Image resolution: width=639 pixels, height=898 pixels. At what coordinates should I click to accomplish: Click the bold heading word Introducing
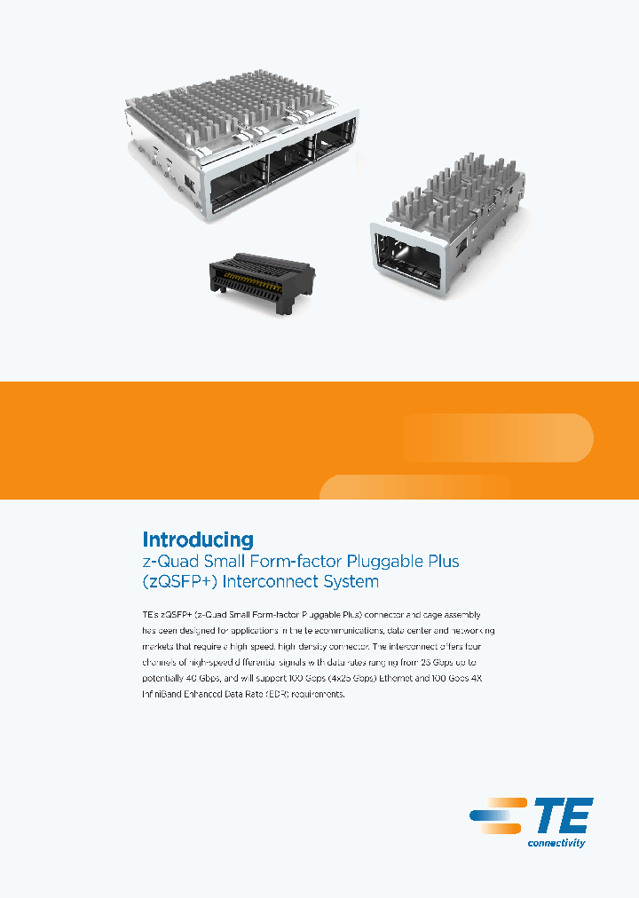click(198, 540)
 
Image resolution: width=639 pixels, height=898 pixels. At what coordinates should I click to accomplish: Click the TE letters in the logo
click(562, 815)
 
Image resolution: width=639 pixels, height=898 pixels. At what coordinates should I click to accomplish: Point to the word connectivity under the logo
click(556, 843)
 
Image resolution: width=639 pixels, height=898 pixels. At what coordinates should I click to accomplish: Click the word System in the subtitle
click(353, 583)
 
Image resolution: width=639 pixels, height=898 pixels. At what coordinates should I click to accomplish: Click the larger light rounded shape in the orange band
click(498, 437)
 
